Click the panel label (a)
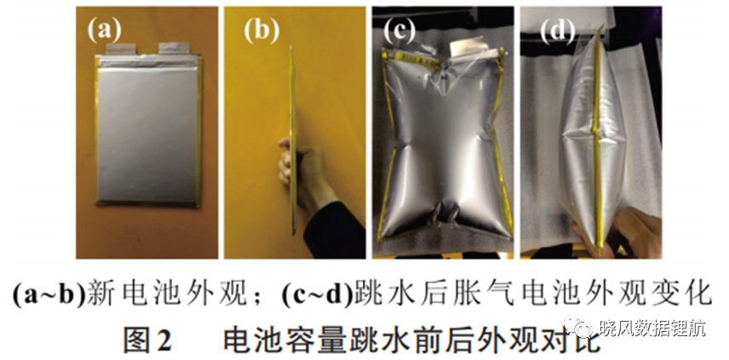105,31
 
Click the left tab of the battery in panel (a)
121,49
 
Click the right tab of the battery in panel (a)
174,49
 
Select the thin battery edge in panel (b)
292,140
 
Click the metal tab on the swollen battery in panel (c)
468,49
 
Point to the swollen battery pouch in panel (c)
443,145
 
